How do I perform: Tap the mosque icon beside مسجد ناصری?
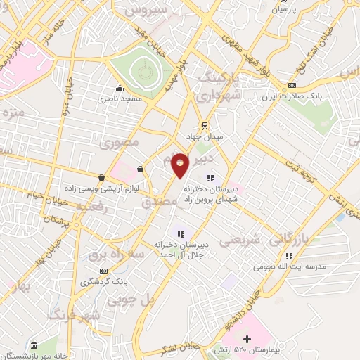coord(121,89)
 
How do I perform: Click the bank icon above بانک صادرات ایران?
coord(292,86)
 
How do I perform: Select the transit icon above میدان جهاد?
coord(204,126)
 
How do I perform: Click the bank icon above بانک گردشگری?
coord(104,270)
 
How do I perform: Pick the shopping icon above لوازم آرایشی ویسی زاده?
coord(103,177)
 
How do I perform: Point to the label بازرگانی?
coord(307,236)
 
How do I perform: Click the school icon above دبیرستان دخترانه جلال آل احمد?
coord(180,234)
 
